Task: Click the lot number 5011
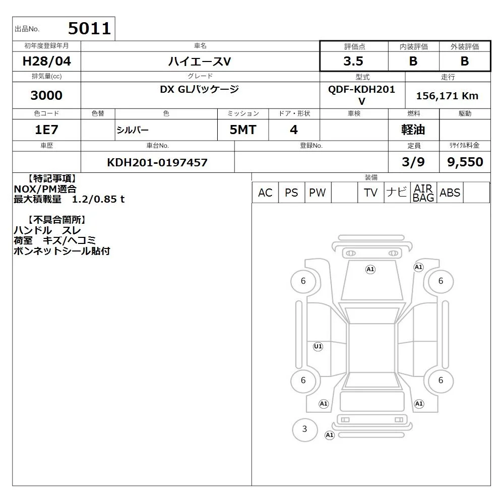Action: [89, 28]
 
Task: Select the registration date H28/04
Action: [46, 61]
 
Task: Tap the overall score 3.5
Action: [353, 61]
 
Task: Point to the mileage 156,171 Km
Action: [447, 96]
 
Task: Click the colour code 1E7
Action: [46, 130]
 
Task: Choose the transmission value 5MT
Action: [243, 130]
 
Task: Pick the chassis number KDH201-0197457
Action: [157, 162]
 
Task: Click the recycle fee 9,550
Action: [465, 162]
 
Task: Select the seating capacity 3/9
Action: [413, 162]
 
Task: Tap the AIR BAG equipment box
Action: [423, 193]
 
